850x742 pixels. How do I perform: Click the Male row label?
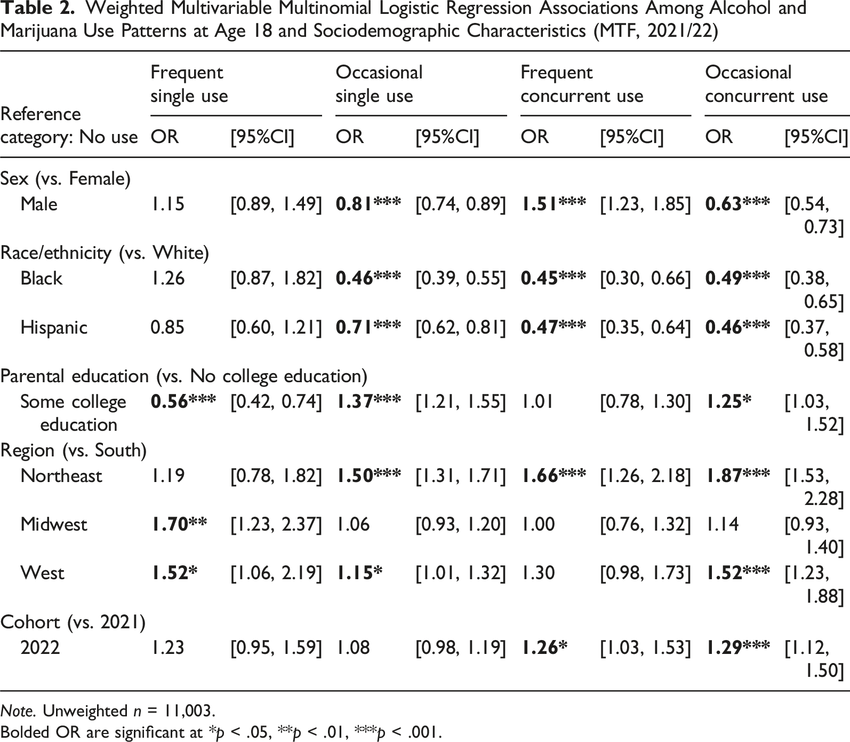point(39,204)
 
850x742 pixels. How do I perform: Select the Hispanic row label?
point(54,327)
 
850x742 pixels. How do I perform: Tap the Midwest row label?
point(53,524)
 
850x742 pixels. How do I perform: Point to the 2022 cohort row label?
point(40,648)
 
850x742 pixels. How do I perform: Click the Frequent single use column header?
point(189,84)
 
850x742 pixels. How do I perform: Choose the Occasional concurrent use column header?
point(766,84)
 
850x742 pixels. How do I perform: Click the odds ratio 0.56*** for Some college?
point(183,401)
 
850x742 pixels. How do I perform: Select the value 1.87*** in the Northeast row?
point(737,475)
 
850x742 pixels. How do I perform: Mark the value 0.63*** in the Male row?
point(737,204)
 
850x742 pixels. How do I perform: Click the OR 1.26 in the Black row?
point(167,278)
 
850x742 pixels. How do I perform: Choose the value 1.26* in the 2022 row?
point(543,648)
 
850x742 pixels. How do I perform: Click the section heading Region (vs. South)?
point(74,451)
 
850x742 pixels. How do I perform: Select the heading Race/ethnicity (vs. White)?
point(105,253)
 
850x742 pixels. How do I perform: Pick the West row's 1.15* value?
point(359,573)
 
